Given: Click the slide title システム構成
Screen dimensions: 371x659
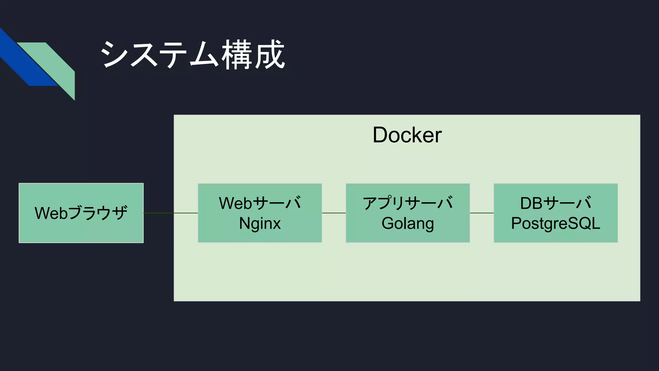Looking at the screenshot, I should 192,55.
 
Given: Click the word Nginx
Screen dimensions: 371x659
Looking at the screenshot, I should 260,224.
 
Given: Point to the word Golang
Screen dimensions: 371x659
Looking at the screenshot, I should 407,224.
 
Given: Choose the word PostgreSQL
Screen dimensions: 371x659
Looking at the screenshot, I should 555,224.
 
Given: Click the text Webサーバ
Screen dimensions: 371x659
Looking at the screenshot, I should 260,203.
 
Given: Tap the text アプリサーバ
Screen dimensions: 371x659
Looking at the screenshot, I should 407,203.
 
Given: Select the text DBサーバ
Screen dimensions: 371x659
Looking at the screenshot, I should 555,203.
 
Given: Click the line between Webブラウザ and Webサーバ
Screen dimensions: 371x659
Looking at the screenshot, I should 171,213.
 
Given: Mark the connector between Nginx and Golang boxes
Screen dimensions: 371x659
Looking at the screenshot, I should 334,213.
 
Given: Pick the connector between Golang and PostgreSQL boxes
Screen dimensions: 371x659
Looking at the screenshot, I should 482,213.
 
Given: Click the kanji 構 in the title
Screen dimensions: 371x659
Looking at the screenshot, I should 237,55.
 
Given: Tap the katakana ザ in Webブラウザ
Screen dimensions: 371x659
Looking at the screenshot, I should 120,213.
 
